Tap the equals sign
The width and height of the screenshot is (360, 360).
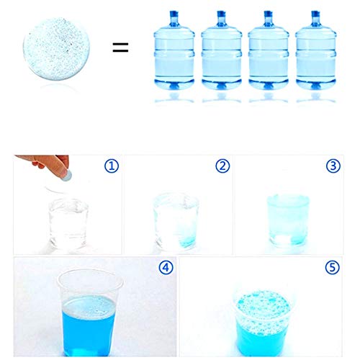[120, 47]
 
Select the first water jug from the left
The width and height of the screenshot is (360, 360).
[174, 50]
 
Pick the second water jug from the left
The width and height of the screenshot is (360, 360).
[221, 50]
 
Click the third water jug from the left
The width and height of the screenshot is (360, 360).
[269, 50]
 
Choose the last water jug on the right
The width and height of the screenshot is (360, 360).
[315, 50]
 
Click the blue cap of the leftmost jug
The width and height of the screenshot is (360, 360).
[174, 14]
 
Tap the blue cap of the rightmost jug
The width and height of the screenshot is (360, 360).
[315, 14]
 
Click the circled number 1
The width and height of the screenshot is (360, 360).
[112, 166]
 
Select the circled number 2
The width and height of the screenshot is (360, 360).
[222, 166]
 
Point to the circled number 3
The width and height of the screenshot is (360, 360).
[333, 166]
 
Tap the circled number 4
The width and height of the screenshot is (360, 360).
[166, 267]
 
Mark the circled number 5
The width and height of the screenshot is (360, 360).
[333, 267]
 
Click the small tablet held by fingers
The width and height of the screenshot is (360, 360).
[68, 176]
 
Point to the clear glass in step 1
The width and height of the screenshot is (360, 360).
[68, 224]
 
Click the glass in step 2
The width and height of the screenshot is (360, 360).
[176, 221]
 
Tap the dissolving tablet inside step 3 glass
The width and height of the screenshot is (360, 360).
[283, 240]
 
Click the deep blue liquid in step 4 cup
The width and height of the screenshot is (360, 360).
[89, 326]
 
